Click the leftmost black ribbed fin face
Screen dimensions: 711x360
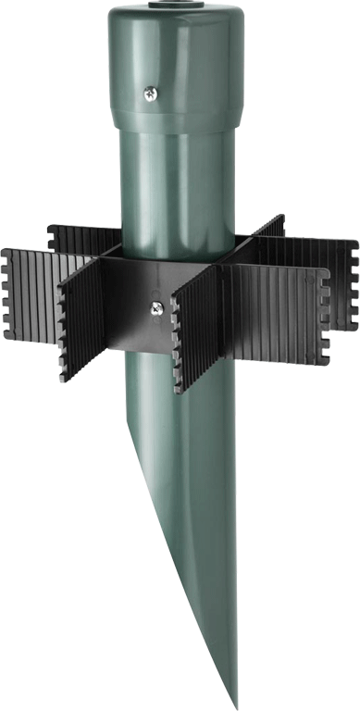(x=32, y=287)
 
